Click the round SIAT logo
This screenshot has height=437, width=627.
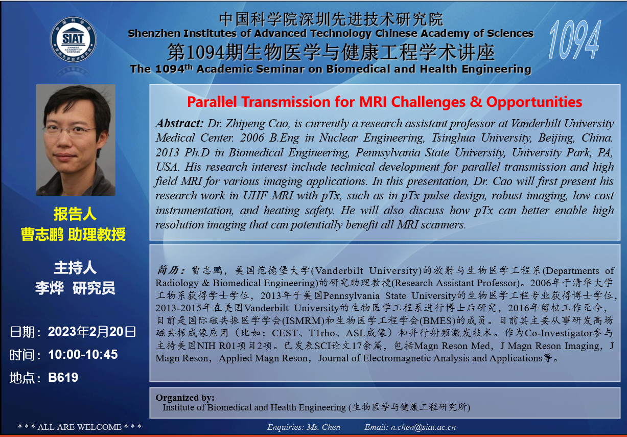(x=74, y=39)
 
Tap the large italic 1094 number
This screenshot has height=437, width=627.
(x=574, y=40)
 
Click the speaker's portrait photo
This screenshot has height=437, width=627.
(x=76, y=140)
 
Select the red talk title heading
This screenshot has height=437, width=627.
(x=384, y=102)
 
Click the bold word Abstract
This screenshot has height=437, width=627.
(x=180, y=123)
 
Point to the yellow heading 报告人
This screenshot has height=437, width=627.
(x=75, y=214)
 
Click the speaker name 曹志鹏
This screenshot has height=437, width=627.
(x=42, y=235)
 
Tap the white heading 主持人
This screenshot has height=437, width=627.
(x=75, y=268)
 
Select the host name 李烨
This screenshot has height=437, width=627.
(x=50, y=288)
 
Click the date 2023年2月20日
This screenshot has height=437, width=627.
(x=92, y=332)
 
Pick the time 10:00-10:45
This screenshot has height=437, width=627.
(x=83, y=354)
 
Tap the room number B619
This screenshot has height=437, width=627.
(x=63, y=377)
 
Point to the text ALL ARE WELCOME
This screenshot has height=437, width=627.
(x=80, y=427)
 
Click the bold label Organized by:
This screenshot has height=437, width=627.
(x=185, y=398)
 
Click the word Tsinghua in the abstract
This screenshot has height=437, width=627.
(x=453, y=138)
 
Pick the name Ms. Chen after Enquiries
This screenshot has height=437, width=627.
(x=323, y=427)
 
